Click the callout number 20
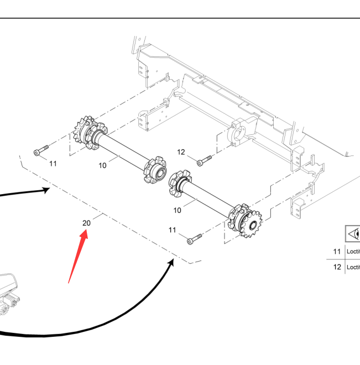[86, 223]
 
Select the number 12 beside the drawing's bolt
[181, 152]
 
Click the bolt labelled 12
[204, 160]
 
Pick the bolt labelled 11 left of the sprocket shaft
[41, 150]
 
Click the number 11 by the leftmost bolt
[53, 163]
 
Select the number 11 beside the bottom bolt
[173, 230]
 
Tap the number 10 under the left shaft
[102, 165]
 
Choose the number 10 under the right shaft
[178, 210]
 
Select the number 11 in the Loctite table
[337, 251]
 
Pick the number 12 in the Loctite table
[337, 267]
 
